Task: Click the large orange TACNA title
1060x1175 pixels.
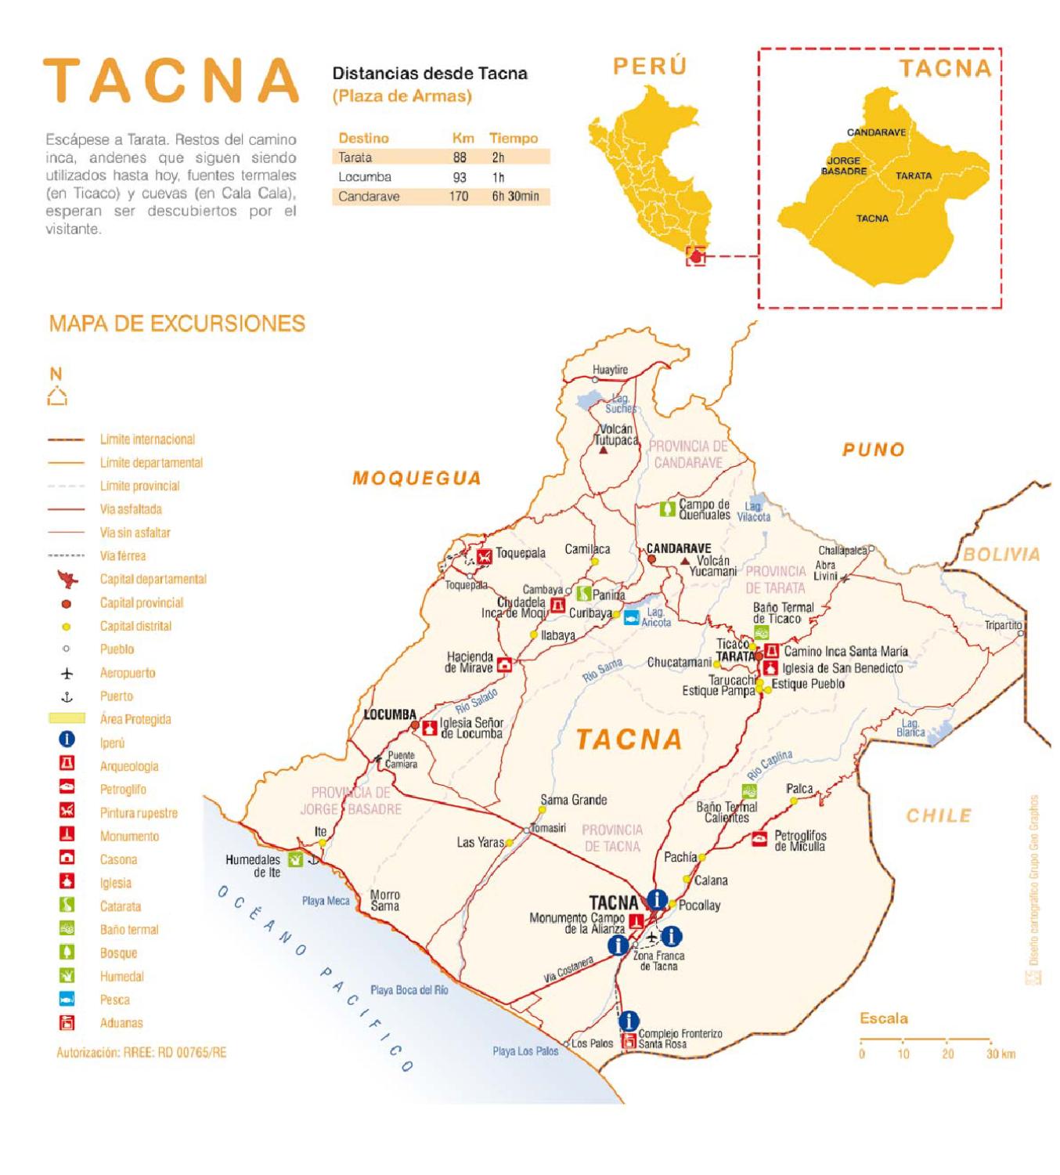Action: pyautogui.click(x=171, y=80)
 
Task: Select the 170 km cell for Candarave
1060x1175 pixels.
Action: pyautogui.click(x=459, y=197)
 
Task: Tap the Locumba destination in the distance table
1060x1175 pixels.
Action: pyautogui.click(x=365, y=177)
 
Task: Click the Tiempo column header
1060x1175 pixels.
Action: pyautogui.click(x=514, y=138)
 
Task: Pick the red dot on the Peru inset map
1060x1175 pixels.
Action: pyautogui.click(x=696, y=256)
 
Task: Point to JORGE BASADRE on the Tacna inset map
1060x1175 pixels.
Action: pyautogui.click(x=843, y=165)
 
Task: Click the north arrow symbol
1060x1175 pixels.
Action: pyautogui.click(x=56, y=396)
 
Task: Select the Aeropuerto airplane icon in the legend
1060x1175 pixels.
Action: pyautogui.click(x=67, y=673)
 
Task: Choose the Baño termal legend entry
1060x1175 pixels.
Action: pyautogui.click(x=128, y=930)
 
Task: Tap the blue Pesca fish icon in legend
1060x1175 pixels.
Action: pyautogui.click(x=67, y=1000)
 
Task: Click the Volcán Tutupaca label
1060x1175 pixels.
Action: pyautogui.click(x=615, y=435)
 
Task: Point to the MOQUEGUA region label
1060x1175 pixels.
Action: pyautogui.click(x=416, y=479)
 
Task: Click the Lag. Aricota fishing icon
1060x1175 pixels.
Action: pyautogui.click(x=631, y=617)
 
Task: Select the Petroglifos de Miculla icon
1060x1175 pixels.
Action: pyautogui.click(x=759, y=839)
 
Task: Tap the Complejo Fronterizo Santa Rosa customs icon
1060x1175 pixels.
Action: pyautogui.click(x=628, y=1042)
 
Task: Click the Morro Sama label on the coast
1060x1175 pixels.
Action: pyautogui.click(x=384, y=900)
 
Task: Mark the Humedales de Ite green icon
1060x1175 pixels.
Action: pyautogui.click(x=295, y=859)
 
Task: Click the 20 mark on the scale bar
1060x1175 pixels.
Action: pyautogui.click(x=947, y=1054)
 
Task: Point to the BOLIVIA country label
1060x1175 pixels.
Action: pyautogui.click(x=1001, y=555)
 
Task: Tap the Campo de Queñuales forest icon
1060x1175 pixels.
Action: pyautogui.click(x=667, y=509)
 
